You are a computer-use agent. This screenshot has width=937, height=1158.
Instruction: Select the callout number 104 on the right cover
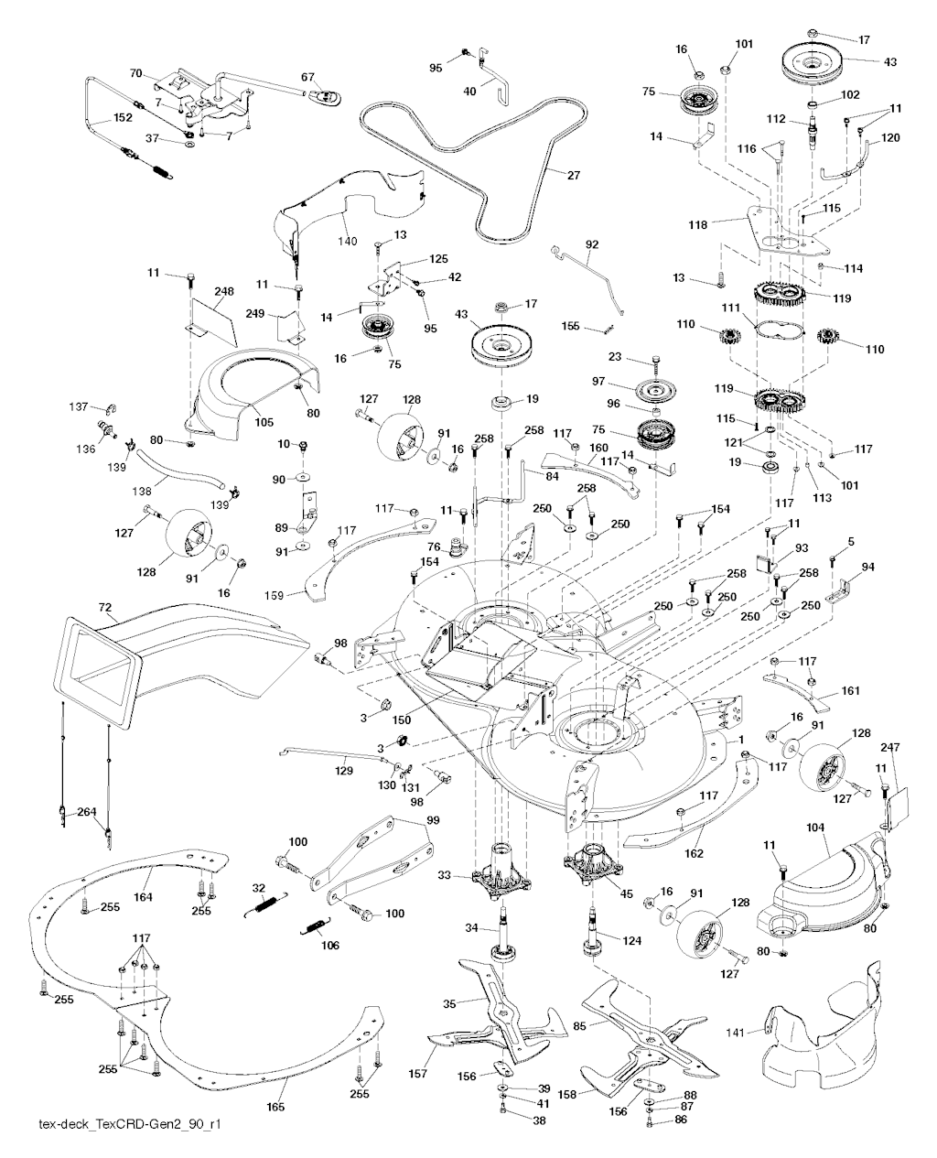815,827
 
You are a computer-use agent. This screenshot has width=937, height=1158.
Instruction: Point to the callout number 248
224,291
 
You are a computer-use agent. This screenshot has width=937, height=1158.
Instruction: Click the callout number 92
592,244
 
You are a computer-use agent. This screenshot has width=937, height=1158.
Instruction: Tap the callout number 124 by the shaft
632,940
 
